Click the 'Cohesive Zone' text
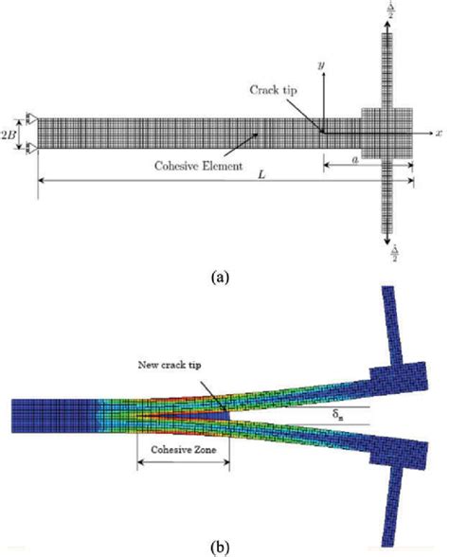[183, 452]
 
